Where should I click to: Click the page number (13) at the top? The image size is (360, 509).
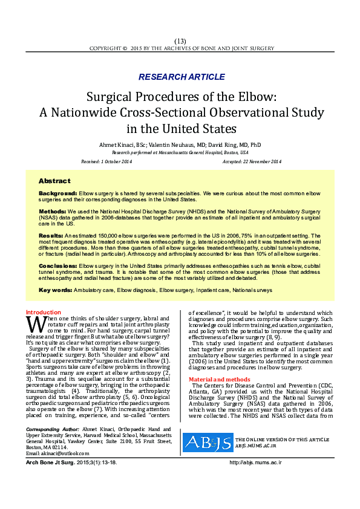(180, 41)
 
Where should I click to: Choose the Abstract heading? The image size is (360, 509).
(54, 181)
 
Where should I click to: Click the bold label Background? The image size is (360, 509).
(57, 193)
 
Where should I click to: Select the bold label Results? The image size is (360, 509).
(51, 234)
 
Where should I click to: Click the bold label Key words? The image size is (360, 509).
(54, 290)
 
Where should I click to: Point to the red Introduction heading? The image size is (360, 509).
(44, 312)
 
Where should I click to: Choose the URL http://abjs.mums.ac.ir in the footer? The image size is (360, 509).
(256, 479)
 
